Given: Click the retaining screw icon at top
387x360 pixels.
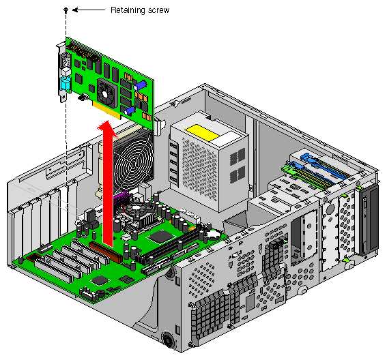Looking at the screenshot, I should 66,11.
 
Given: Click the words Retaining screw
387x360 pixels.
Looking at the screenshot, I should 139,10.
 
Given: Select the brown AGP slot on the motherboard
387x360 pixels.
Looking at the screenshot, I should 106,251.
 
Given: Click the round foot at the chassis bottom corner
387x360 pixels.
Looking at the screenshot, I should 169,339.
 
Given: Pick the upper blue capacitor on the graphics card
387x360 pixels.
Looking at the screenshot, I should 140,85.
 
